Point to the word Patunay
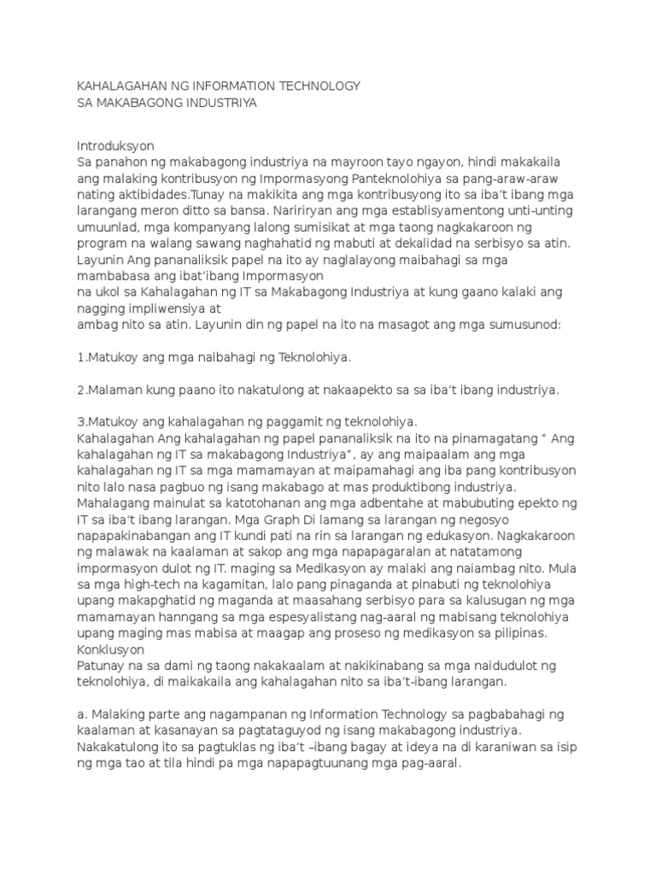coord(102,666)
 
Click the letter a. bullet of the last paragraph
coord(81,714)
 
